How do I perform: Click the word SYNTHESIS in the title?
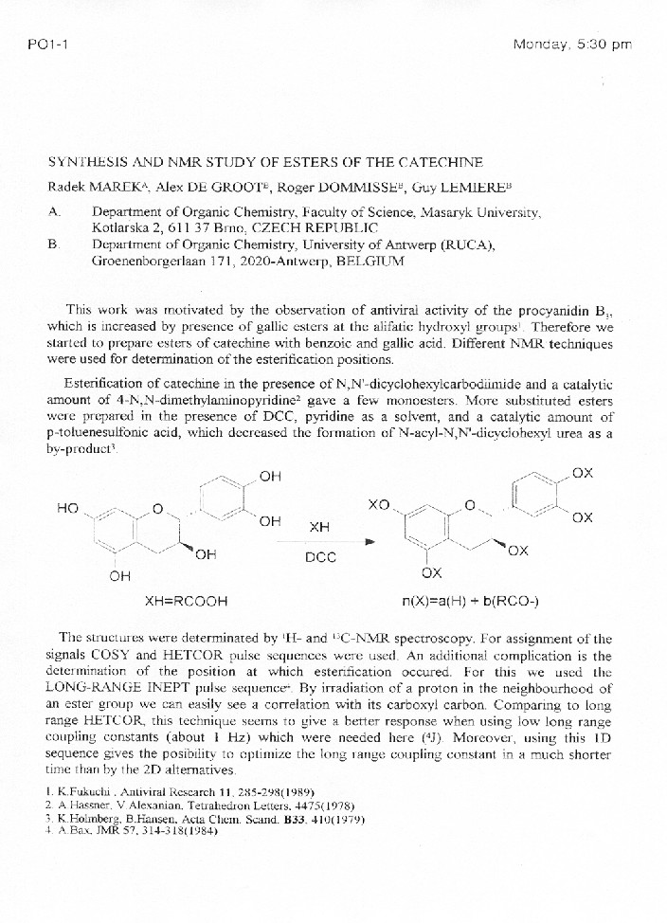(x=88, y=163)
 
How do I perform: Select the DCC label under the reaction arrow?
(x=320, y=557)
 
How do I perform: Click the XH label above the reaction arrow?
(x=320, y=526)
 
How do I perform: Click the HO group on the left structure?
(x=68, y=508)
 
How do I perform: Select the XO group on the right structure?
(x=379, y=507)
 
